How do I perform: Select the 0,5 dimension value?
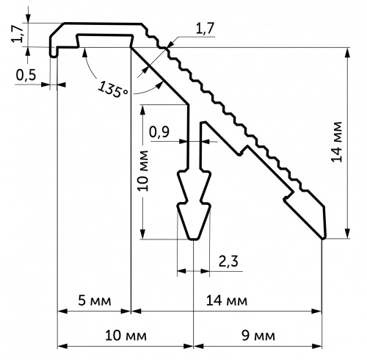pyautogui.click(x=26, y=75)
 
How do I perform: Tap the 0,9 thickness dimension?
pyautogui.click(x=159, y=132)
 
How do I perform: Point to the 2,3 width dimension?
pyautogui.click(x=228, y=261)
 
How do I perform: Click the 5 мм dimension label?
pyautogui.click(x=95, y=300)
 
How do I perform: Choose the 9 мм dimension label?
pyautogui.click(x=258, y=335)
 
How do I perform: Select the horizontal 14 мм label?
pyautogui.click(x=227, y=300)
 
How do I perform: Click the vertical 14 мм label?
pyautogui.click(x=337, y=142)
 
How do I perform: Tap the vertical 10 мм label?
pyautogui.click(x=143, y=170)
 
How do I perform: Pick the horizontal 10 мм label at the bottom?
pyautogui.click(x=126, y=335)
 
